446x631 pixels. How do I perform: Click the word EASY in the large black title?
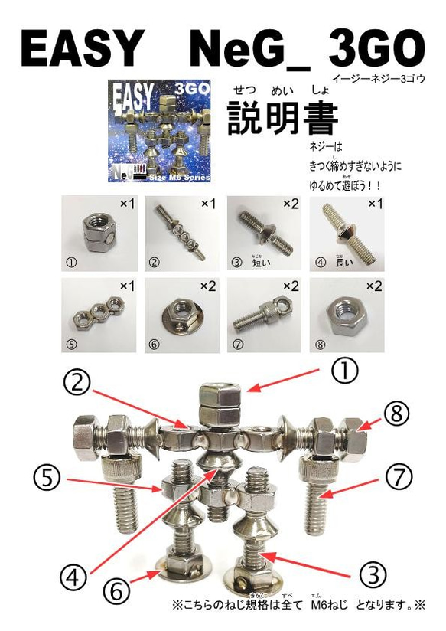click(82, 51)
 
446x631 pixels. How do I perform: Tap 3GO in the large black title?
click(375, 51)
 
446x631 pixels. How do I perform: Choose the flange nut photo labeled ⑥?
click(182, 314)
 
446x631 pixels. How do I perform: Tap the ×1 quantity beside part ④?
click(375, 204)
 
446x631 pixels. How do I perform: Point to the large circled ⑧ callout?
click(396, 416)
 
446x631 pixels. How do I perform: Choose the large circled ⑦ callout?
click(396, 476)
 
